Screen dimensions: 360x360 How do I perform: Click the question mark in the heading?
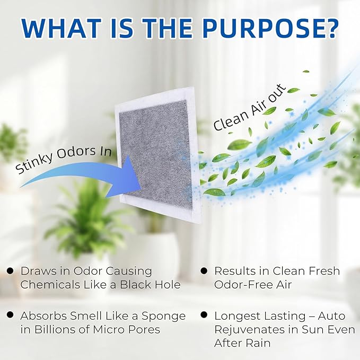(x=330, y=29)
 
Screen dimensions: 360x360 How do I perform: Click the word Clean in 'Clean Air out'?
(x=231, y=119)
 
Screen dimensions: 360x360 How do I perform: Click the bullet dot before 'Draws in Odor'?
(x=10, y=271)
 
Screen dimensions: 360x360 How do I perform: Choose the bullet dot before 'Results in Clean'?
(x=204, y=271)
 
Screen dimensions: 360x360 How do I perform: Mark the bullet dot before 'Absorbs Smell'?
(x=10, y=315)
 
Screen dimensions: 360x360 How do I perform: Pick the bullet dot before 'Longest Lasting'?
(x=204, y=315)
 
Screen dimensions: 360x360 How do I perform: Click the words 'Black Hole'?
(x=151, y=285)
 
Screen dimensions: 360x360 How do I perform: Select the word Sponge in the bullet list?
(x=163, y=317)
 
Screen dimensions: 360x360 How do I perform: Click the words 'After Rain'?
(x=242, y=343)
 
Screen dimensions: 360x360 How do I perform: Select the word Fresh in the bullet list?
(x=324, y=271)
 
